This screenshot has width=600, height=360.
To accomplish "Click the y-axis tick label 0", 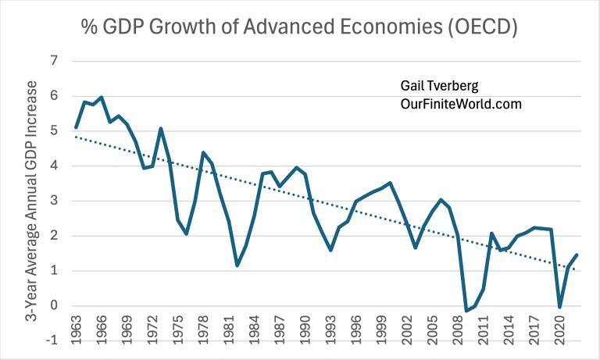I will coord(55,306).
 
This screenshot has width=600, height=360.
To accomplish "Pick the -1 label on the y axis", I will coord(52,341).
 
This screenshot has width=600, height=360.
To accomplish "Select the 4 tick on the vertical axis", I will coord(55,166).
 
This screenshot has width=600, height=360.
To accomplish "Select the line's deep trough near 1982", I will coord(237,266).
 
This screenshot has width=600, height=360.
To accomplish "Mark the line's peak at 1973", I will coord(160,129).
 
